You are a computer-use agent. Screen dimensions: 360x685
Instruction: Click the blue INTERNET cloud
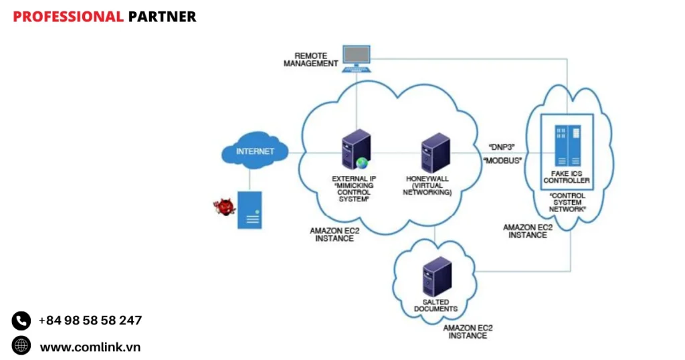255,152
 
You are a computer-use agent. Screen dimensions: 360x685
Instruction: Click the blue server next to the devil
250,210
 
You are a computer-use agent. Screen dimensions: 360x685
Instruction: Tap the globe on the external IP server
362,163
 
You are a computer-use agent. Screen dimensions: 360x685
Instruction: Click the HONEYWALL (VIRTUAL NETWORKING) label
428,185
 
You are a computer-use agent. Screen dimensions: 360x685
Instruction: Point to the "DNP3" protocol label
502,146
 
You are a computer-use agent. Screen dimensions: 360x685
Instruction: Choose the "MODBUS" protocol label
502,161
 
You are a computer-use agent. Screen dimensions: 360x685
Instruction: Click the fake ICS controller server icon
566,145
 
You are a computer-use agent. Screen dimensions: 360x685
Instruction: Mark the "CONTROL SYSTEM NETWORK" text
567,203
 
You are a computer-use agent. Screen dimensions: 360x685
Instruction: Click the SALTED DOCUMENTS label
435,306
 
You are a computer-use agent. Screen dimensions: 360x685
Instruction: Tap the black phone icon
21,321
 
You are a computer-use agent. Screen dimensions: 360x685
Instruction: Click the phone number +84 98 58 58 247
90,321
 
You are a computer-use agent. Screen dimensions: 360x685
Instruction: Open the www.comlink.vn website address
90,347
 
